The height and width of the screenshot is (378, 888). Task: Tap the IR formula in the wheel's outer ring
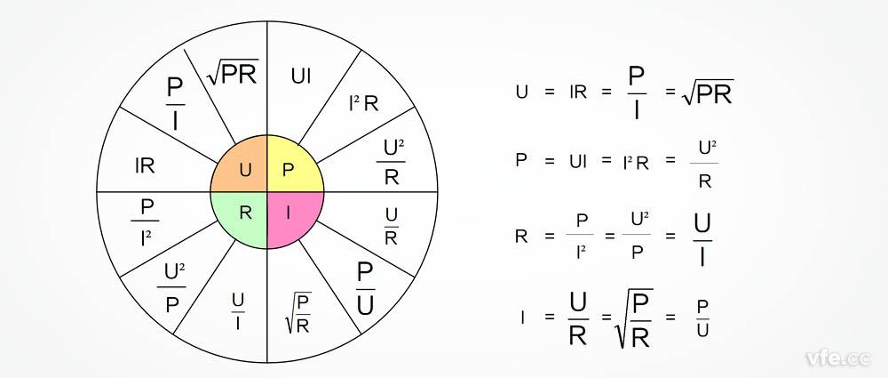click(146, 165)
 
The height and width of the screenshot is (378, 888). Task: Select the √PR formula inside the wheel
click(233, 73)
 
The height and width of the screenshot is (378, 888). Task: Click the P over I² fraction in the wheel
click(147, 221)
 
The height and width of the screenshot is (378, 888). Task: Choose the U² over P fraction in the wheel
click(174, 283)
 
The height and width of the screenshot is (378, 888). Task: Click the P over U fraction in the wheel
click(365, 286)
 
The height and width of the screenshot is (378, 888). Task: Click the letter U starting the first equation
click(520, 91)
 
